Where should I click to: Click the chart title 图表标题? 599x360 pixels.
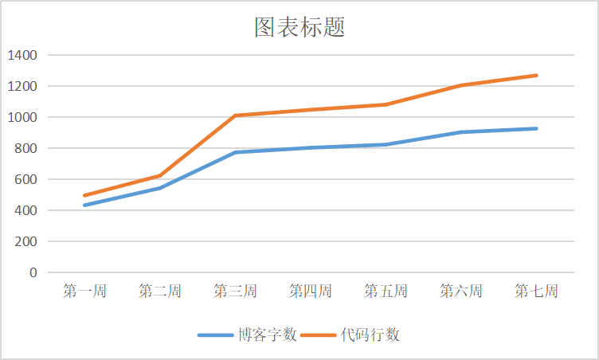pyautogui.click(x=299, y=28)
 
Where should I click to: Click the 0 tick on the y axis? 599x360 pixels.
pyautogui.click(x=33, y=272)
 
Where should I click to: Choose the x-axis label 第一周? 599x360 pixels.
pyautogui.click(x=84, y=292)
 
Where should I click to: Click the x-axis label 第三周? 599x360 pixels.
pyautogui.click(x=235, y=292)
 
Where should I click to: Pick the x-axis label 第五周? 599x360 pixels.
pyautogui.click(x=386, y=292)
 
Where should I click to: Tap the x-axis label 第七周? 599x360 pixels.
pyautogui.click(x=536, y=292)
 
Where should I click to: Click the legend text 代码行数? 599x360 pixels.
pyautogui.click(x=370, y=335)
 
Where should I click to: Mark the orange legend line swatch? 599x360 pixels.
pyautogui.click(x=318, y=335)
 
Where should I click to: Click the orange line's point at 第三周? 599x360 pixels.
pyautogui.click(x=235, y=115)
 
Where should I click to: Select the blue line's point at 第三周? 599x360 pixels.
pyautogui.click(x=235, y=152)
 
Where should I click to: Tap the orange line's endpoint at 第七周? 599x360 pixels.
pyautogui.click(x=536, y=76)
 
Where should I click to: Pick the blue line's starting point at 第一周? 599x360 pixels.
pyautogui.click(x=84, y=205)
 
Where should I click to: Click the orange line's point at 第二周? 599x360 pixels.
pyautogui.click(x=159, y=175)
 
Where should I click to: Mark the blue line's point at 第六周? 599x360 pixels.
pyautogui.click(x=461, y=132)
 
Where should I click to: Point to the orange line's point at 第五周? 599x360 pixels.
pyautogui.click(x=386, y=104)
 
